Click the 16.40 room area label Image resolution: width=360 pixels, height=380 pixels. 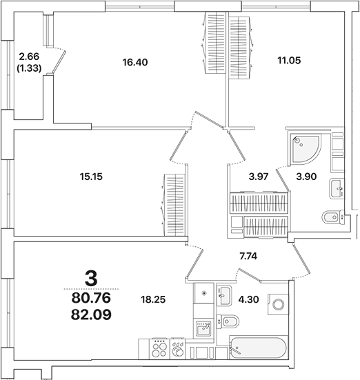(x=135, y=62)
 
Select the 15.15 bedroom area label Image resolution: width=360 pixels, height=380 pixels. (x=92, y=176)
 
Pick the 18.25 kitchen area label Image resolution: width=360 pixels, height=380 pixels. (x=152, y=301)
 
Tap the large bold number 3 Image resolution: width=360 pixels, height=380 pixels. (x=90, y=278)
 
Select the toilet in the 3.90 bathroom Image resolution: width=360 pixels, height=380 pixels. (x=332, y=217)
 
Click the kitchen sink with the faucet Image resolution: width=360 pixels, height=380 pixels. (x=203, y=328)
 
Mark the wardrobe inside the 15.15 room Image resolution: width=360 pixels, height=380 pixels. (x=174, y=204)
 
